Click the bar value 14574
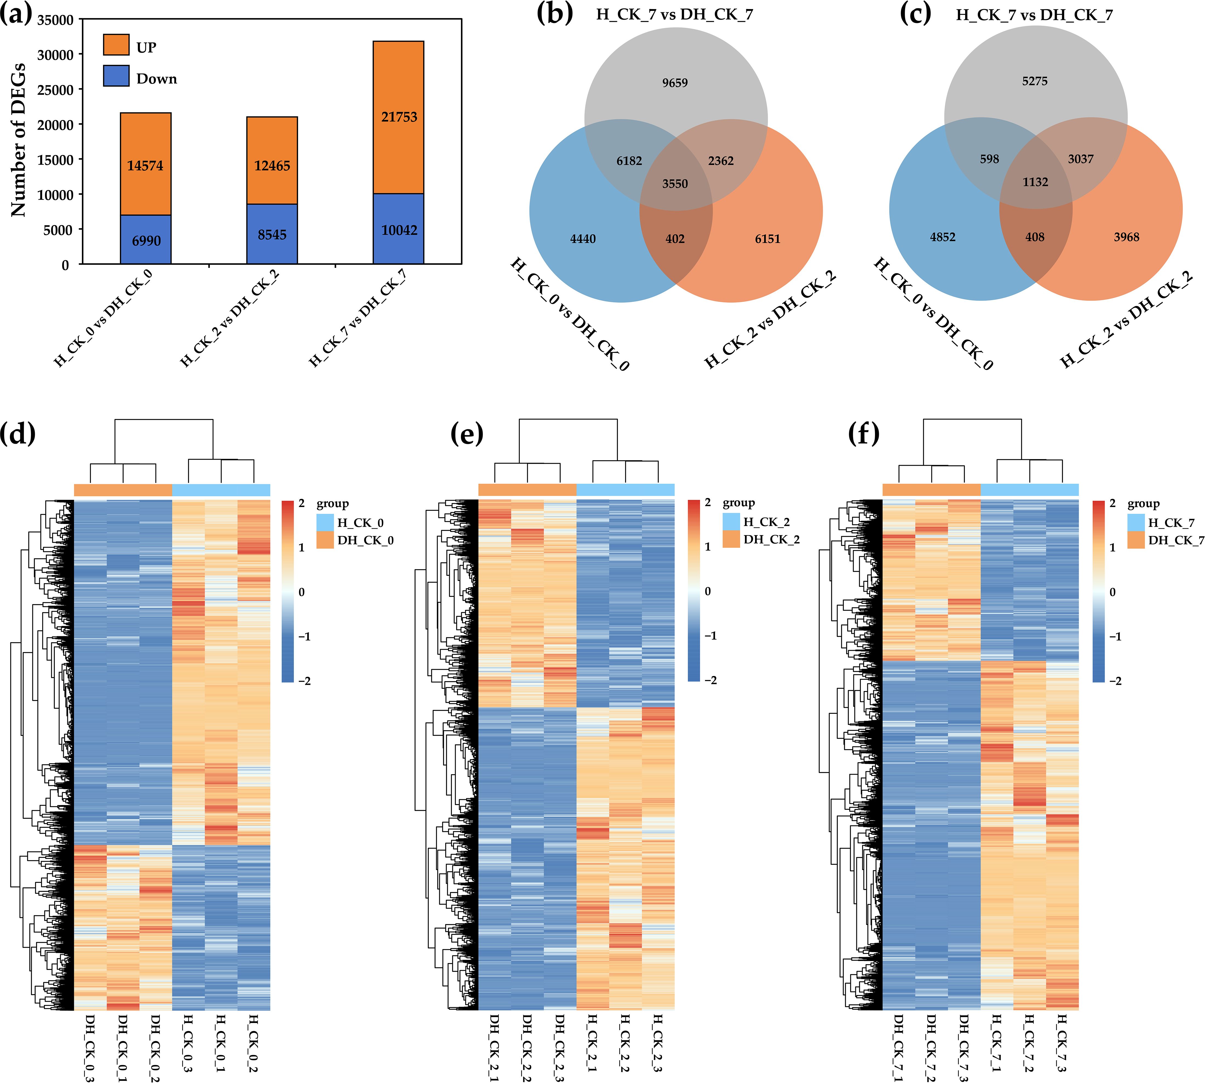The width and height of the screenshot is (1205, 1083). (145, 165)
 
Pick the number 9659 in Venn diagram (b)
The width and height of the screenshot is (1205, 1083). (675, 83)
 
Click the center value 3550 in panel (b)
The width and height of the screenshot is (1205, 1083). (675, 183)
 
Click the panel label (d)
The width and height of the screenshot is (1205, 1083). (18, 433)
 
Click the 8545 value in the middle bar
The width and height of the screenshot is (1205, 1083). (272, 234)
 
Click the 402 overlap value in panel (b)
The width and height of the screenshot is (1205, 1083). (675, 239)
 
